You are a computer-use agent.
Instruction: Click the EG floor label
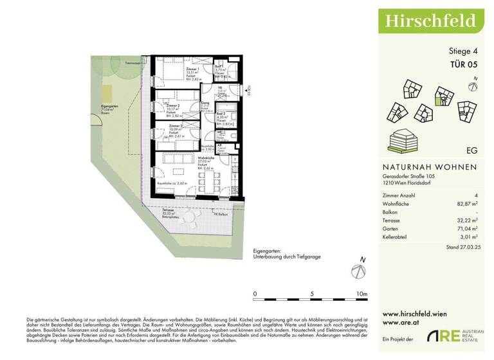click(x=471, y=152)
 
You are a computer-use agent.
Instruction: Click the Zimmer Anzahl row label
click(x=399, y=195)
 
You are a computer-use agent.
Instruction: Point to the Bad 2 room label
click(x=220, y=113)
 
